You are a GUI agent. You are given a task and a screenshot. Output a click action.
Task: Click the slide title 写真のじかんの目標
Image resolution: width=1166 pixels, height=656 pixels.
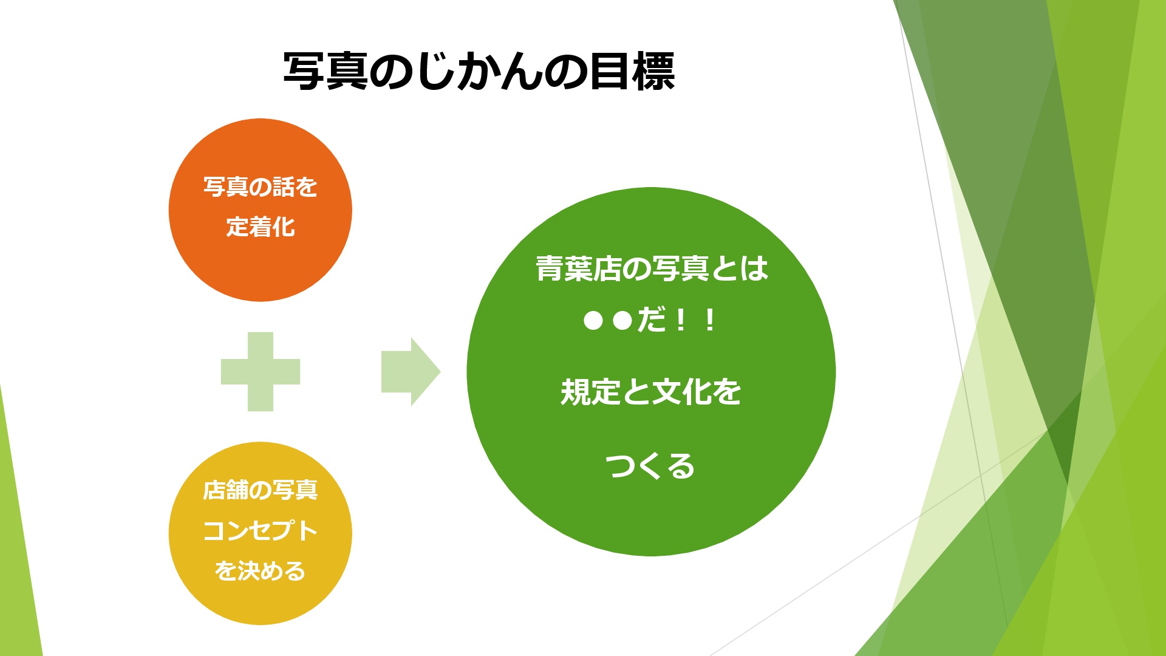click(479, 72)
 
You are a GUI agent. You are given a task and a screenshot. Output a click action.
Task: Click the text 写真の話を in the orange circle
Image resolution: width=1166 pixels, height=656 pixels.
click(261, 187)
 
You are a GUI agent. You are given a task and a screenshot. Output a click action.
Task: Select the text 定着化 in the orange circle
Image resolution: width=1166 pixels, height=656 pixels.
click(261, 227)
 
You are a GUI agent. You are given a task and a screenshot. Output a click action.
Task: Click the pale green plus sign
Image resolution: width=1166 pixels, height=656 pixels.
click(261, 372)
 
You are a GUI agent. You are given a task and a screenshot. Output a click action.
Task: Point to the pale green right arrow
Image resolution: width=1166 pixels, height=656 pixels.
click(411, 372)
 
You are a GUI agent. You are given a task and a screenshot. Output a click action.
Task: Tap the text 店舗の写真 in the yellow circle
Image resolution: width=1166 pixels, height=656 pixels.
click(261, 490)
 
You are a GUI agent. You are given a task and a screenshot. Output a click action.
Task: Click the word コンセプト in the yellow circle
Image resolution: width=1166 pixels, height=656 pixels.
click(261, 530)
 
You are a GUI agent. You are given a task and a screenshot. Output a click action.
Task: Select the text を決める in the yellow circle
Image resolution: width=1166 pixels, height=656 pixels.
click(261, 571)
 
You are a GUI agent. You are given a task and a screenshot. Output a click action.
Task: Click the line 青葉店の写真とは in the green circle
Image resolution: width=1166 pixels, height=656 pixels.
click(652, 268)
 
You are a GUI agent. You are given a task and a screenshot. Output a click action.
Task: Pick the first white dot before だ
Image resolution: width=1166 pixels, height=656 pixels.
click(593, 320)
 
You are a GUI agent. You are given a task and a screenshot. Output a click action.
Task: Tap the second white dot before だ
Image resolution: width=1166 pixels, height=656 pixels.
click(622, 320)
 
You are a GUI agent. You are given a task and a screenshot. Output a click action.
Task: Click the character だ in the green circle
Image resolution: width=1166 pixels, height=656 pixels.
click(652, 319)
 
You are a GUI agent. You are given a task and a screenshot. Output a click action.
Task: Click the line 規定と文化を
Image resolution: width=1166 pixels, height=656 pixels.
click(651, 392)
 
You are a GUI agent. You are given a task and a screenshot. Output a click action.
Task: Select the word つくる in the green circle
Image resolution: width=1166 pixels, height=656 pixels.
click(650, 466)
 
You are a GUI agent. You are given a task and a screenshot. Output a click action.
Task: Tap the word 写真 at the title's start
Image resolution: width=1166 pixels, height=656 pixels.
click(326, 72)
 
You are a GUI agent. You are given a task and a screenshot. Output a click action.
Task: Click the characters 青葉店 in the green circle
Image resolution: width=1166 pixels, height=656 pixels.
click(579, 268)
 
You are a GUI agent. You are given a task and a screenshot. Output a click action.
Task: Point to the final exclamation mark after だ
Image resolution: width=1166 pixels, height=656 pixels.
click(709, 320)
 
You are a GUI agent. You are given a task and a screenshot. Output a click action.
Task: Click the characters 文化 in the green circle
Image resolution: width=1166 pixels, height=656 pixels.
click(681, 392)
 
